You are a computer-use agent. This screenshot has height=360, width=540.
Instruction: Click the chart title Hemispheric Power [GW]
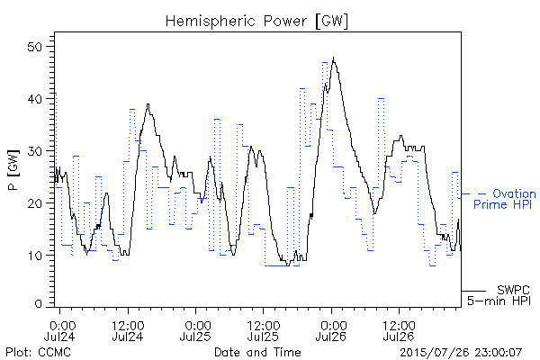tap(256, 21)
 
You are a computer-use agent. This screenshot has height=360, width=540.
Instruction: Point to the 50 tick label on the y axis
tap(34, 47)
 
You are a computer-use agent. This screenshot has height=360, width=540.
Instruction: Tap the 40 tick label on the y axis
tap(34, 99)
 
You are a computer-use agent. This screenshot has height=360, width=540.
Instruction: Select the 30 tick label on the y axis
tap(34, 151)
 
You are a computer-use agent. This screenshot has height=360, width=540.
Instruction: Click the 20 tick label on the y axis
tap(34, 202)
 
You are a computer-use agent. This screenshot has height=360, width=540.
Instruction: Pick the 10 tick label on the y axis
tap(34, 256)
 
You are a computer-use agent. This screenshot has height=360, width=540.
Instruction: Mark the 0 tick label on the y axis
tap(38, 304)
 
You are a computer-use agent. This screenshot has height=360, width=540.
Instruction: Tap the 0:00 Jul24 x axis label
tap(60, 330)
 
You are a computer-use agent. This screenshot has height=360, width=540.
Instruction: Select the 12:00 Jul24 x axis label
tap(128, 330)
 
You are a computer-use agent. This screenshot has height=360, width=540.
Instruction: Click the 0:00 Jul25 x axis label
tap(195, 330)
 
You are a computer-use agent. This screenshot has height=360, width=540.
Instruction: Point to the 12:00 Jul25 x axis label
tap(264, 330)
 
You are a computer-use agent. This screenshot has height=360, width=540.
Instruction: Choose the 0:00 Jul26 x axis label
tap(331, 330)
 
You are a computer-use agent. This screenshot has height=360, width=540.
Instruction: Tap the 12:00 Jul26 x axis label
tap(399, 330)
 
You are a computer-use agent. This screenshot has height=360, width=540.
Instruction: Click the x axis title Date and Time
tap(257, 352)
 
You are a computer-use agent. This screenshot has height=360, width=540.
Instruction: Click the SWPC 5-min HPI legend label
tap(499, 295)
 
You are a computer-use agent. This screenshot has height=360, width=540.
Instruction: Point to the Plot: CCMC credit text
tap(38, 352)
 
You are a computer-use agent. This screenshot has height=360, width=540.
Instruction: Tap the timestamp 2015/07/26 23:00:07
tap(461, 352)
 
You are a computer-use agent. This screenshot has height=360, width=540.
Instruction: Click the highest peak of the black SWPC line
tap(333, 58)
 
